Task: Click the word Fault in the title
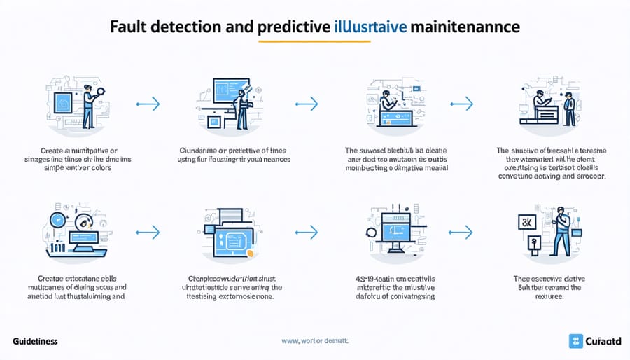[129, 27]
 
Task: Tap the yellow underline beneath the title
[314, 42]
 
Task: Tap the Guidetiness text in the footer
[35, 341]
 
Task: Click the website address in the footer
[314, 341]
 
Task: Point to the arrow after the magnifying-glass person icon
[148, 104]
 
